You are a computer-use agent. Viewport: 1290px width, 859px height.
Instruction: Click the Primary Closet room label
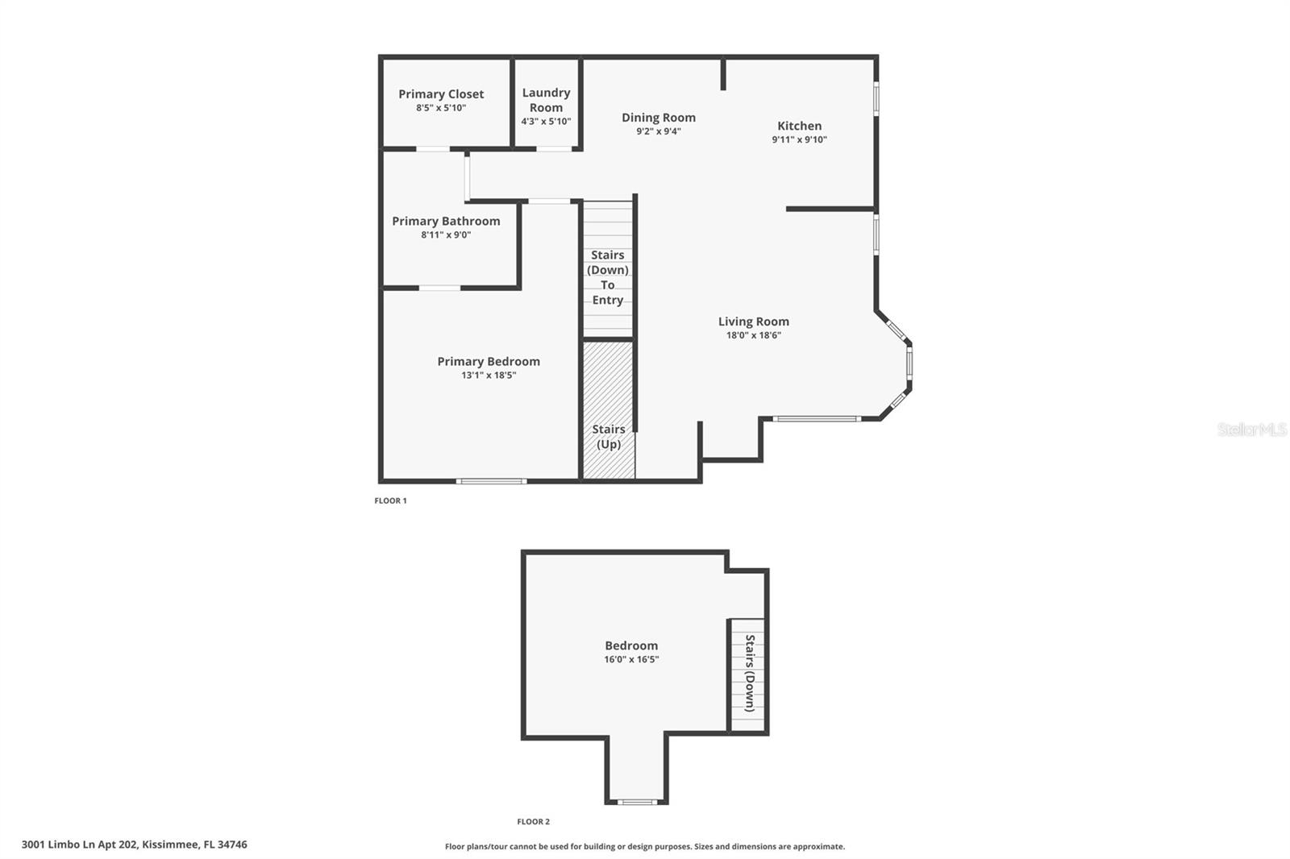[441, 94]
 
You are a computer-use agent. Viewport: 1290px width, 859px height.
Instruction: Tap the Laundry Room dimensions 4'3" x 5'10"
[546, 122]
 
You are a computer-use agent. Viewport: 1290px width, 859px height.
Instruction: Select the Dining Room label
[658, 118]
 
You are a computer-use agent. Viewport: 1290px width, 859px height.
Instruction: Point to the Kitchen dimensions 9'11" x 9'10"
[799, 139]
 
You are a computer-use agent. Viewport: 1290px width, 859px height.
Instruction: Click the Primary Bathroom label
[446, 221]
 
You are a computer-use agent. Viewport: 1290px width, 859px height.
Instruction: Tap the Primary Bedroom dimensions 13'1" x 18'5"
[489, 375]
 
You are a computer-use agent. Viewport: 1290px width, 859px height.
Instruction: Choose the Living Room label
[753, 322]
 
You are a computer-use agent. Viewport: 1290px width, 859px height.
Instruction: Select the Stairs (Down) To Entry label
[607, 277]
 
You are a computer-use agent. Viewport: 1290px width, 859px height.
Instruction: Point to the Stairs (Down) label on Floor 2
[750, 674]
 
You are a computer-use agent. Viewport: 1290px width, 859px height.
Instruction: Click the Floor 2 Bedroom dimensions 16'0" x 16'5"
[631, 659]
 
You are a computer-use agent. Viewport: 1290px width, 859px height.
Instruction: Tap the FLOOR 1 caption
[390, 500]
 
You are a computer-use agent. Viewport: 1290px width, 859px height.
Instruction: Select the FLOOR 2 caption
[533, 822]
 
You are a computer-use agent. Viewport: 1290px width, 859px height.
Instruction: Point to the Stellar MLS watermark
[1251, 429]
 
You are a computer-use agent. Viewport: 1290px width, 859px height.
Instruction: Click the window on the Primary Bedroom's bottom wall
[491, 481]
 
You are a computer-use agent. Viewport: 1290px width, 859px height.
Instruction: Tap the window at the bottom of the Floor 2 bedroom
[637, 802]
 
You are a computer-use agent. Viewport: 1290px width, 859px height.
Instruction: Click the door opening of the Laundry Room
[553, 149]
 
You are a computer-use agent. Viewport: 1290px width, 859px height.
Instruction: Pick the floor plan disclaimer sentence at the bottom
[645, 846]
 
